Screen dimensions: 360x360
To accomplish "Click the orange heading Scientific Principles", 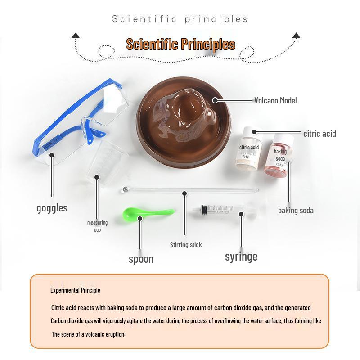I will pyautogui.click(x=180, y=45).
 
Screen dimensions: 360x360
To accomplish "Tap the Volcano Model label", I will pyautogui.click(x=275, y=101).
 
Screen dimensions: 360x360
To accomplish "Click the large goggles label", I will pyautogui.click(x=52, y=208).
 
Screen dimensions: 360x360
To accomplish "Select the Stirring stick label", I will pyautogui.click(x=186, y=245).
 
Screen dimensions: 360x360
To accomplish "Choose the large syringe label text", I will pyautogui.click(x=241, y=256).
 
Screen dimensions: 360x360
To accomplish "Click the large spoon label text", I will pyautogui.click(x=141, y=259).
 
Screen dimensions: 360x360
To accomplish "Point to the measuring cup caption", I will pyautogui.click(x=97, y=226).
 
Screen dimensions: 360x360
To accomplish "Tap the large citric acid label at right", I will pyautogui.click(x=319, y=134).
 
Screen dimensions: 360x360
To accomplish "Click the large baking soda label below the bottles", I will pyautogui.click(x=296, y=210).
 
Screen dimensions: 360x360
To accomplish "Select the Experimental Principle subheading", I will pyautogui.click(x=75, y=290).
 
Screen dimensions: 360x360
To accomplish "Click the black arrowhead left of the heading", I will pyautogui.click(x=76, y=35).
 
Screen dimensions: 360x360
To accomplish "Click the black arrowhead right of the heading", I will pyautogui.click(x=296, y=35).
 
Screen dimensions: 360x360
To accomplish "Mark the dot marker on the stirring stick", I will pyautogui.click(x=184, y=193).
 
